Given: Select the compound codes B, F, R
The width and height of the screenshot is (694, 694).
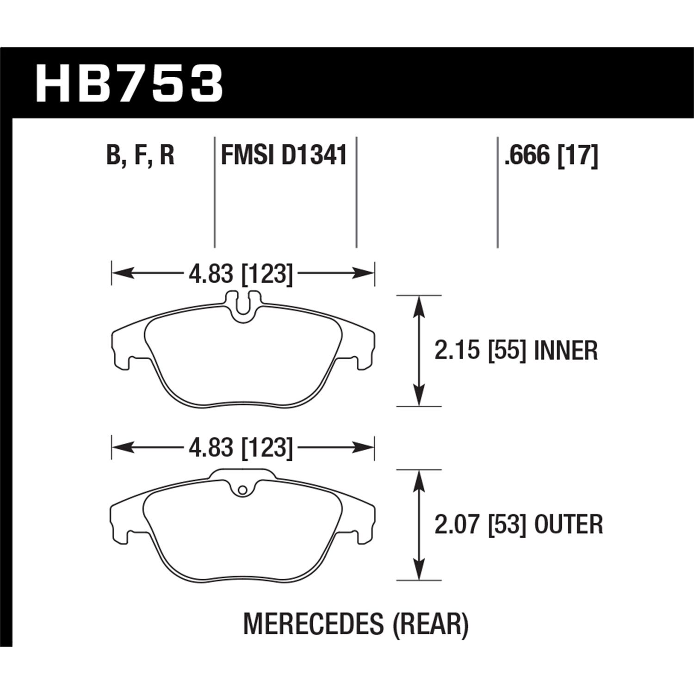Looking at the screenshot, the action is (x=140, y=155).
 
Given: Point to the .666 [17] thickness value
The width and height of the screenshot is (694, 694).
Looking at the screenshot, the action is (x=551, y=155).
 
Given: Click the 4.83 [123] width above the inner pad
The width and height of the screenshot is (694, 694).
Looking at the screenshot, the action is (x=241, y=275).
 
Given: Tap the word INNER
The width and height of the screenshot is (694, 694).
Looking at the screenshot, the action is (x=566, y=351).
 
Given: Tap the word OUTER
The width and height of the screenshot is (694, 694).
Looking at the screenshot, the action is (x=569, y=525).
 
